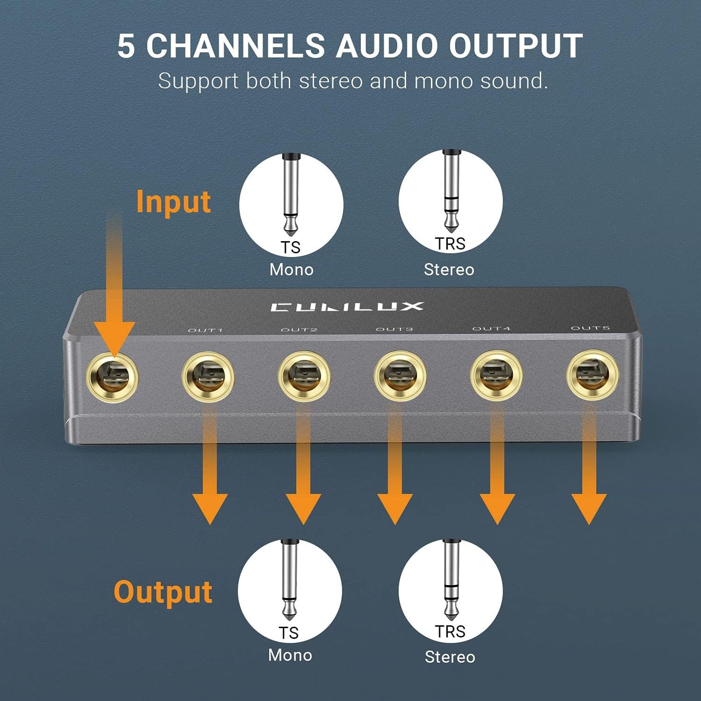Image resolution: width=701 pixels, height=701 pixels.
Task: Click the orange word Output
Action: click(163, 592)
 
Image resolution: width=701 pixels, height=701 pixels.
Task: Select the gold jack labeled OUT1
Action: click(208, 377)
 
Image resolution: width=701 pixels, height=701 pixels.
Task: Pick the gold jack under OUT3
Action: click(400, 376)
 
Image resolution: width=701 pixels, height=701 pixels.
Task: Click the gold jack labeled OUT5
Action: click(592, 375)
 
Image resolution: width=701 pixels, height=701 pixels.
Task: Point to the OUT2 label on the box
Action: click(299, 330)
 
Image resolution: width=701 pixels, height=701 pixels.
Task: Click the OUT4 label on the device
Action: click(491, 328)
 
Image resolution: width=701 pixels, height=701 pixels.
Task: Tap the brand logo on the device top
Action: click(347, 307)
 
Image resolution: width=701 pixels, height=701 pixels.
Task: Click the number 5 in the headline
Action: click(126, 47)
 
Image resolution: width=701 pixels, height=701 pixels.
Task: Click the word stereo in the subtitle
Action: click(331, 81)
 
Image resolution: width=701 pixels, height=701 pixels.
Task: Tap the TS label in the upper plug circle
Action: click(291, 247)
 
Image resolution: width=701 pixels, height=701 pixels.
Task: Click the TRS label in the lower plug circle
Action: click(450, 632)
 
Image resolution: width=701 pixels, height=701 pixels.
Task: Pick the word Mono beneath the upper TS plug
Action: click(291, 270)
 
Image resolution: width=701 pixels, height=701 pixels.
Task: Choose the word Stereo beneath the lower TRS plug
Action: click(450, 657)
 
